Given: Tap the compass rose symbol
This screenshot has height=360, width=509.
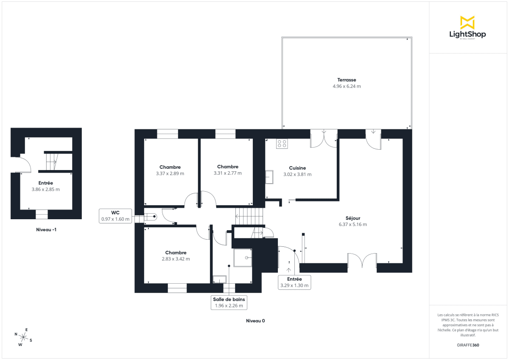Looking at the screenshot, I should click(24, 337).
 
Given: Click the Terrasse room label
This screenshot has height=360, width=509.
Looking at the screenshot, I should click(347, 80).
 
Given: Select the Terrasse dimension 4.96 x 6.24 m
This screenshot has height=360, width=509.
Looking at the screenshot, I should click(347, 86).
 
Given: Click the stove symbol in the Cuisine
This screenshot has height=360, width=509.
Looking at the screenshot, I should click(282, 144).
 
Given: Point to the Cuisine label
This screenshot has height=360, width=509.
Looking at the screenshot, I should click(297, 168).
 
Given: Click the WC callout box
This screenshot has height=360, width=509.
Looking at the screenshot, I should click(115, 216).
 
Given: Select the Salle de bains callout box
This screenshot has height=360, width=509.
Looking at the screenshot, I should click(229, 302).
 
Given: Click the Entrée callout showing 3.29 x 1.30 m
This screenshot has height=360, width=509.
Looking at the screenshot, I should click(294, 282).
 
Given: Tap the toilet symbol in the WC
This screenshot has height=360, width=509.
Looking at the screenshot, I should click(151, 217).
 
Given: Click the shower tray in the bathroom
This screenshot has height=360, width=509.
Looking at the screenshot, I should click(242, 257).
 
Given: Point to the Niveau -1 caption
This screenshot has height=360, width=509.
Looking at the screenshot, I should click(46, 230).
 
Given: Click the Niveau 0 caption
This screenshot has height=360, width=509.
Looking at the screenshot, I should click(255, 321).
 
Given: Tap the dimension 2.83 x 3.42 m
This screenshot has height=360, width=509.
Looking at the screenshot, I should click(176, 259).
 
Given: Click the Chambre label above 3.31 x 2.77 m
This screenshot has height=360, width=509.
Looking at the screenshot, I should click(227, 167).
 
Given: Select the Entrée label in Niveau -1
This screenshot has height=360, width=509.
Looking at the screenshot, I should click(45, 183).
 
